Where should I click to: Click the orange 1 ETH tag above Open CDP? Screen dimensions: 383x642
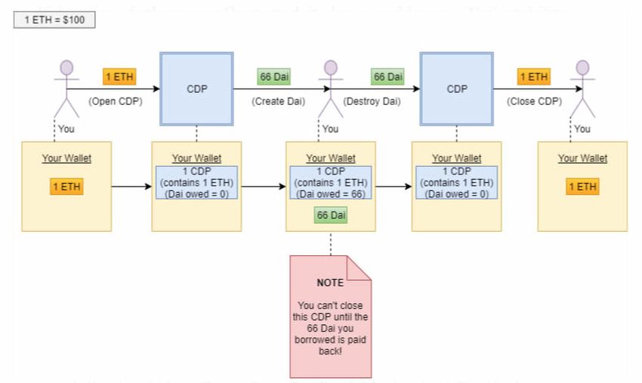[119, 76]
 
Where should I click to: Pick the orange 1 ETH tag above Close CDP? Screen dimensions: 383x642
[533, 76]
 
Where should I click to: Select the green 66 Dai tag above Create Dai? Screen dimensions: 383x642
[273, 76]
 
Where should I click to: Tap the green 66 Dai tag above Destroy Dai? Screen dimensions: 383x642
[387, 76]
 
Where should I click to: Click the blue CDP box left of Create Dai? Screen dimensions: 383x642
[196, 88]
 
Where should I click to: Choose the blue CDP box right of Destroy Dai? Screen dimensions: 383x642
[457, 88]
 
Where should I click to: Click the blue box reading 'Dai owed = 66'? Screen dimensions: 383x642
[330, 183]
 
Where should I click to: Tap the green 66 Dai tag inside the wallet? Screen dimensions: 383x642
[330, 216]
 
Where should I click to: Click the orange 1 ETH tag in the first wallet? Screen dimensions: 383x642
[67, 187]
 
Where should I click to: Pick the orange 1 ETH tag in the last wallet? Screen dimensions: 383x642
[582, 187]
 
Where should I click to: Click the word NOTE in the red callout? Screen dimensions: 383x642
[330, 283]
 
